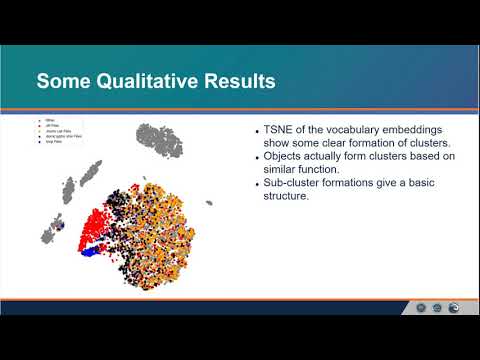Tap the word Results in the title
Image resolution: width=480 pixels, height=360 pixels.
[238, 79]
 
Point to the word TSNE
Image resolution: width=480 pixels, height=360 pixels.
[283, 132]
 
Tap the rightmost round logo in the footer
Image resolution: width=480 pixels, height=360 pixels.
[455, 308]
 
